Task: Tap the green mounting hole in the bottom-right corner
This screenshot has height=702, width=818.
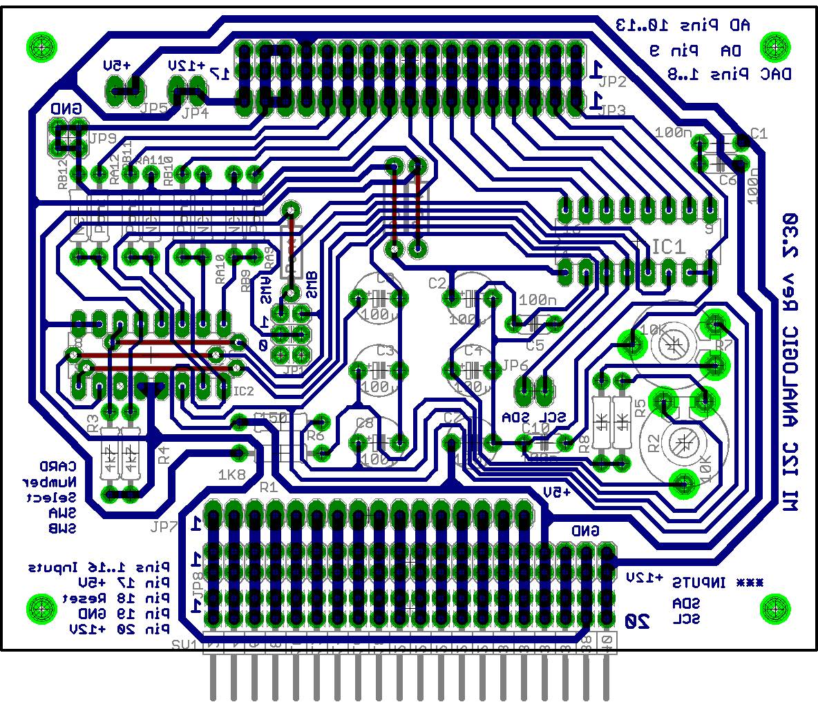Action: pyautogui.click(x=774, y=608)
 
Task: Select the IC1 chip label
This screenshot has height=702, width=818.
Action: pyautogui.click(x=668, y=246)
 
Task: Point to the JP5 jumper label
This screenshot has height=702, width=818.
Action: pyautogui.click(x=153, y=108)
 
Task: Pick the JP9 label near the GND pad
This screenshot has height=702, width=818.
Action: pyautogui.click(x=102, y=137)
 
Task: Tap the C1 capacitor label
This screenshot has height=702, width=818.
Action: pyautogui.click(x=759, y=133)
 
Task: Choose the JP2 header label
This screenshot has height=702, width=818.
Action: pyautogui.click(x=613, y=82)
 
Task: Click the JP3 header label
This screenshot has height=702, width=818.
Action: pyautogui.click(x=613, y=110)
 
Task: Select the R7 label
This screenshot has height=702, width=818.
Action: pyautogui.click(x=723, y=344)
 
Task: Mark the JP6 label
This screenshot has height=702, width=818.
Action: pyautogui.click(x=515, y=365)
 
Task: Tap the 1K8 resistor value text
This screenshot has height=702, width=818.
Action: pyautogui.click(x=231, y=475)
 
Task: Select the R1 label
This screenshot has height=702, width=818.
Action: pyautogui.click(x=267, y=487)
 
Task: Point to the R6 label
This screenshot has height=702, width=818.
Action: pyautogui.click(x=315, y=436)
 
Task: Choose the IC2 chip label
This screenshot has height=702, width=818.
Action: pyautogui.click(x=243, y=391)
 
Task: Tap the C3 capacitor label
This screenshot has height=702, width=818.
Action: pyautogui.click(x=385, y=351)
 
